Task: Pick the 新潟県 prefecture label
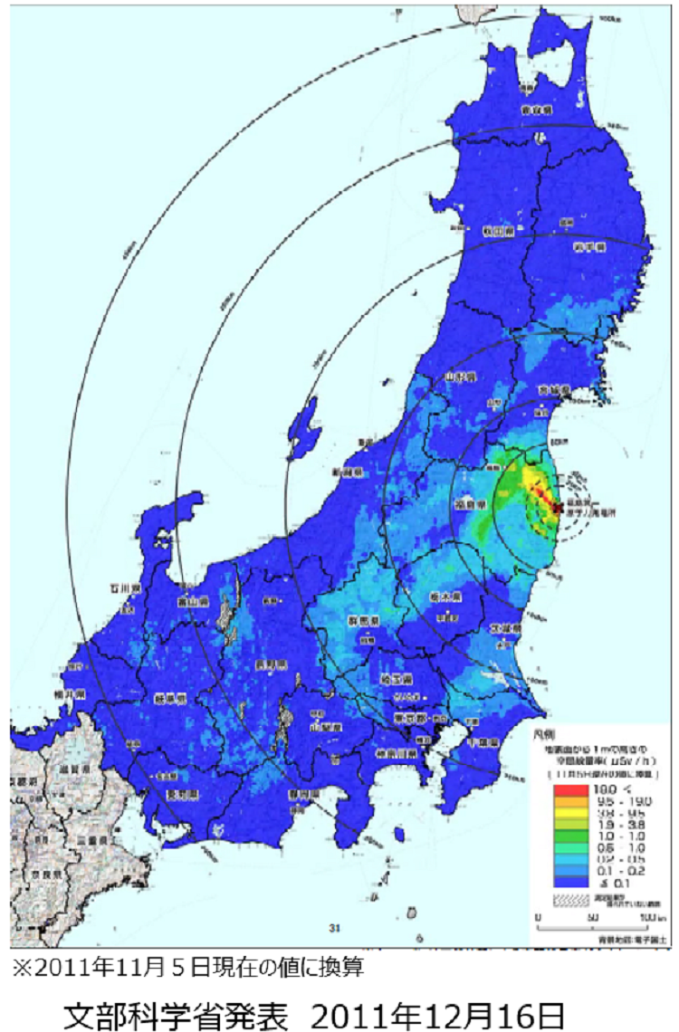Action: [x=346, y=473]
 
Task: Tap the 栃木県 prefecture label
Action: [x=445, y=598]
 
